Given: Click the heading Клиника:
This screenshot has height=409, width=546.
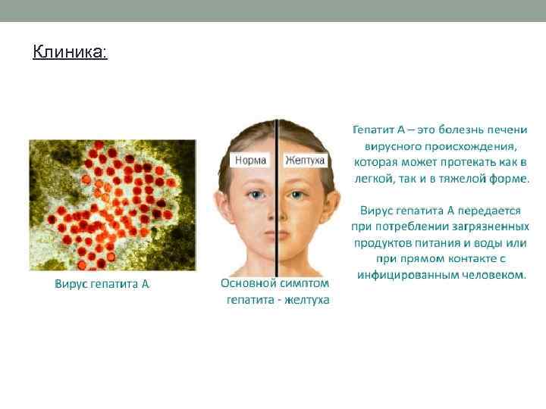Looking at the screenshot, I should coord(71,52).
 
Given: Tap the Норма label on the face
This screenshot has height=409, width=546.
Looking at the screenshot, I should coord(251,160).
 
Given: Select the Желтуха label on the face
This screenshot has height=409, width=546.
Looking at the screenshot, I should coord(305,160).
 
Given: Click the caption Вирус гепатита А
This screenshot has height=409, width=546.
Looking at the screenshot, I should coord(102,285).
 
